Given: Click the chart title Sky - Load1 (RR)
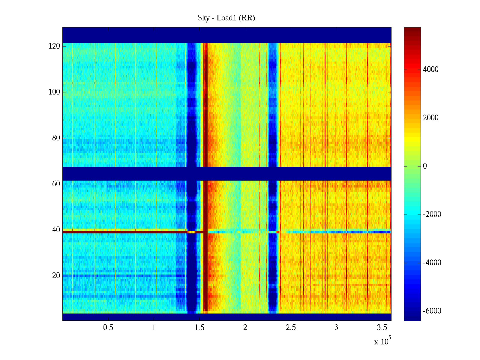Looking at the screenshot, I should pos(226,18).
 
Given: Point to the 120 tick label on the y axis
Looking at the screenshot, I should pos(54,46).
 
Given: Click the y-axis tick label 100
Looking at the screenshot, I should pos(54,92).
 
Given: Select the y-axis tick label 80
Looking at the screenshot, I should pos(56,138).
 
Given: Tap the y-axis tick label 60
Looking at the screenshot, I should pos(56,184).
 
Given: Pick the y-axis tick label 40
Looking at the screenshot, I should pos(56,230).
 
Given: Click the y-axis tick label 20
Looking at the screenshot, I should pos(56,276).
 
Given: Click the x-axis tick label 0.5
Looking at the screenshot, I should pos(108,328).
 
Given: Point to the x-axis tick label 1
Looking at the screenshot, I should pos(154,328).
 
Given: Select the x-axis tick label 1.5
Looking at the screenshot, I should pos(199,328).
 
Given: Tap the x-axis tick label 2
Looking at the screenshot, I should pos(245,328).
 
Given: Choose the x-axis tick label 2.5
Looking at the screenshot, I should pos(291,328).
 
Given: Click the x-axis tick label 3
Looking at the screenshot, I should pos(336,328).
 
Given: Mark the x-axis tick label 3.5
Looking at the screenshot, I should pos(382,328).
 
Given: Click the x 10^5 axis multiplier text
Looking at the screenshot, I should pos(382,341).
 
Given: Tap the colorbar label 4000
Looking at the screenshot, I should pos(430,70).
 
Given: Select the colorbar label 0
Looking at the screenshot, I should pos(424,166).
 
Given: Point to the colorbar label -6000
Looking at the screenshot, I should pos(432,311).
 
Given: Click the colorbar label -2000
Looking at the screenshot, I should pos(432,214).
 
